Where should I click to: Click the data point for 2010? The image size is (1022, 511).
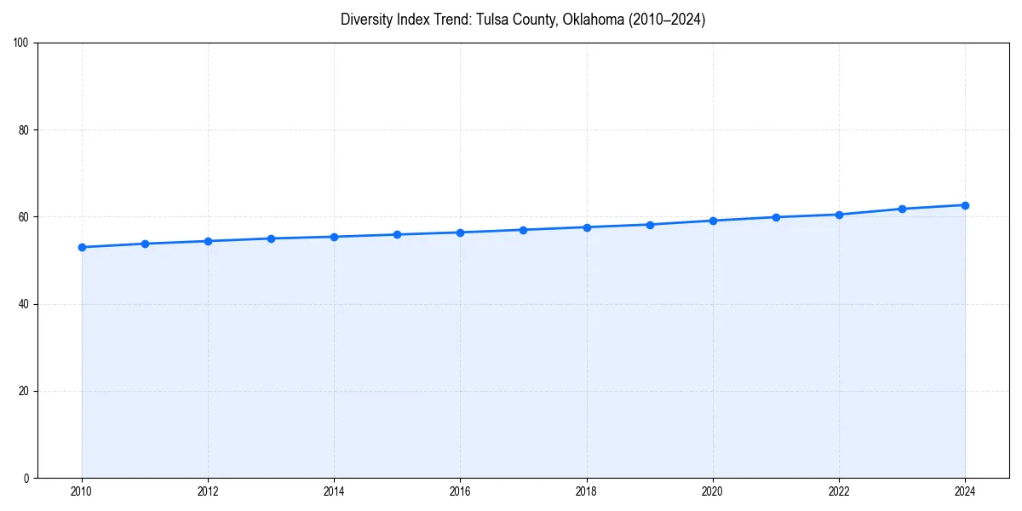tap(82, 247)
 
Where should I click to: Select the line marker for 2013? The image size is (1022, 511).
tap(271, 238)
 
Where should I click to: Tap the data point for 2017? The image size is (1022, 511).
tap(523, 230)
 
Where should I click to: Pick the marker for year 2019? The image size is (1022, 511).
tap(650, 225)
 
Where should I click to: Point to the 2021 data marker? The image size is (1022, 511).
tap(776, 217)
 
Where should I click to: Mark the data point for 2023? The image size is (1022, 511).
tap(902, 209)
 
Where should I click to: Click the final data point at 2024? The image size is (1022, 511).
tap(965, 205)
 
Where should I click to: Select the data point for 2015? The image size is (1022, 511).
tap(397, 234)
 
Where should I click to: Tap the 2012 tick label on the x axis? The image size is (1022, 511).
tap(208, 491)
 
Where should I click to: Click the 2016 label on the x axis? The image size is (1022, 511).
tap(460, 491)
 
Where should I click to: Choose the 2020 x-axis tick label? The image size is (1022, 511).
tap(713, 491)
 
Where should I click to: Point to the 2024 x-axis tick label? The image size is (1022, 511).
tap(965, 491)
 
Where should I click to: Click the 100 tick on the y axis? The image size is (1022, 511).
tap(22, 43)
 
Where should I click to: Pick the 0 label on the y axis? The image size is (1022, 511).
tap(27, 478)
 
